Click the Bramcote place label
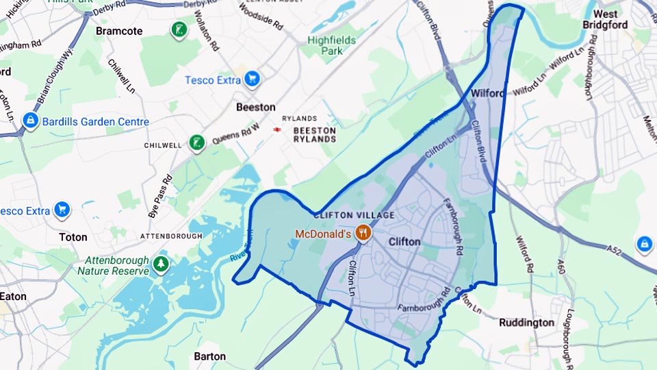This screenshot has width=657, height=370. (119, 31)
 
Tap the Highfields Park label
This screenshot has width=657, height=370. (331, 45)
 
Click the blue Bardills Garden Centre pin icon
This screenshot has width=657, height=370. (29, 121)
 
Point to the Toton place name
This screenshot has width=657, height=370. (73, 237)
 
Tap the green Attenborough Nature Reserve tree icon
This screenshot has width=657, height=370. (161, 264)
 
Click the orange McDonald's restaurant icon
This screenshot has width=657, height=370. (363, 233)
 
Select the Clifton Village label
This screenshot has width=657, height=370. (354, 215)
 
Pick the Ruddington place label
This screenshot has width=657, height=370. (526, 322)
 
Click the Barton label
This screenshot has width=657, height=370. (209, 356)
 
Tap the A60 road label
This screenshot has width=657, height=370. (561, 266)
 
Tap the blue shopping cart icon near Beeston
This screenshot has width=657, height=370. (253, 79)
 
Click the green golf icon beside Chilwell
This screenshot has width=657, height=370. (197, 143)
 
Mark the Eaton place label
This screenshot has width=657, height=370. (13, 297)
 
